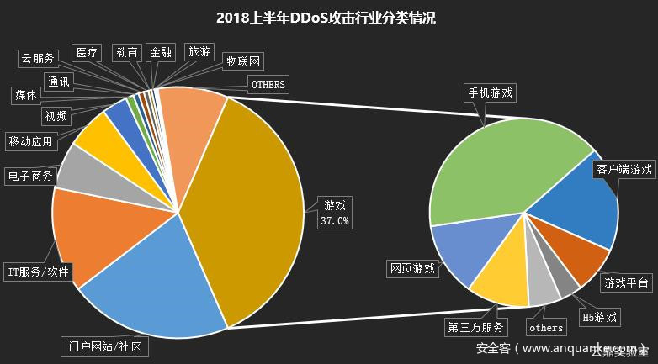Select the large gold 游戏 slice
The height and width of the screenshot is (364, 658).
coord(252,193)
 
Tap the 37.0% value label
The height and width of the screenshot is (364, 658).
coord(334,222)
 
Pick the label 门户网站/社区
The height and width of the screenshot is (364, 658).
coord(105,346)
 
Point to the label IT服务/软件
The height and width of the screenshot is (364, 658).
coord(39,272)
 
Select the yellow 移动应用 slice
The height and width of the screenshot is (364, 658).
coord(97,135)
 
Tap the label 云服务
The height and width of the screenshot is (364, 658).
coord(37,58)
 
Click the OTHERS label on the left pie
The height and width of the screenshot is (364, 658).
coord(268,84)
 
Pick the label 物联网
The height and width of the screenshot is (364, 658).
coord(244,61)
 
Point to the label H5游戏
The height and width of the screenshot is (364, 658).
coord(599,318)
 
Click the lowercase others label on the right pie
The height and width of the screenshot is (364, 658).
coord(546,327)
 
